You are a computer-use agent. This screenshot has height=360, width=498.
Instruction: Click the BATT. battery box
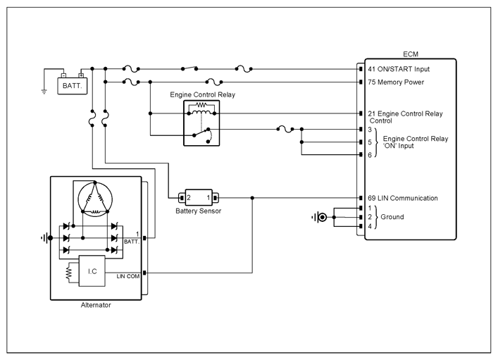pos(72,86)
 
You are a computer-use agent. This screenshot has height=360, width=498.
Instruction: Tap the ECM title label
pos(411,54)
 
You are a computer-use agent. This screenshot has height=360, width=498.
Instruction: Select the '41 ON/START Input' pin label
pos(399,69)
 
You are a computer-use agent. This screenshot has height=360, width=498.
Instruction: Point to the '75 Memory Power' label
pos(396,82)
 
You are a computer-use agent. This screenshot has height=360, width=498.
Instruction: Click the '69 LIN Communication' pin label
pos(403,198)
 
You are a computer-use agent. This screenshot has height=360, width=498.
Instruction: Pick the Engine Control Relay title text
pos(202,94)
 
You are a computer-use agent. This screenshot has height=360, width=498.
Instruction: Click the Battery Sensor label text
pos(198,211)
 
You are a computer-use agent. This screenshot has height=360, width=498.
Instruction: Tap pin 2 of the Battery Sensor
pos(188,198)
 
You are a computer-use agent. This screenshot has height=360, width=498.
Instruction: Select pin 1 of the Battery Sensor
pos(208,198)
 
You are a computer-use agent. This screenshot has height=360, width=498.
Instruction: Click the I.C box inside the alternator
pos(92,271)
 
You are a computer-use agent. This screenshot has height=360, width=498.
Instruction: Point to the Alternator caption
pos(96,305)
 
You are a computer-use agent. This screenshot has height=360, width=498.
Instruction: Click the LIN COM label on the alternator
pos(128,276)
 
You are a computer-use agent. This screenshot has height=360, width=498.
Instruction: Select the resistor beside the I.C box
pos(68,273)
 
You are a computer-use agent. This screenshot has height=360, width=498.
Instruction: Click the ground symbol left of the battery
pos(44,92)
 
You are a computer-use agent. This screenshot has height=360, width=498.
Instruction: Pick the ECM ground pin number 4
pos(370,226)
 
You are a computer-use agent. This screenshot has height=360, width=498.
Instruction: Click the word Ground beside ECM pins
pos(392,217)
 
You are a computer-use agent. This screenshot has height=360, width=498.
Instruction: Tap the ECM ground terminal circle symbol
pos(323,217)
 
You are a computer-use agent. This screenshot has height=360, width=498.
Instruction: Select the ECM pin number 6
pos(370,155)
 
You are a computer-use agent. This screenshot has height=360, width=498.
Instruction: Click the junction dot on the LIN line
pos(252,198)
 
